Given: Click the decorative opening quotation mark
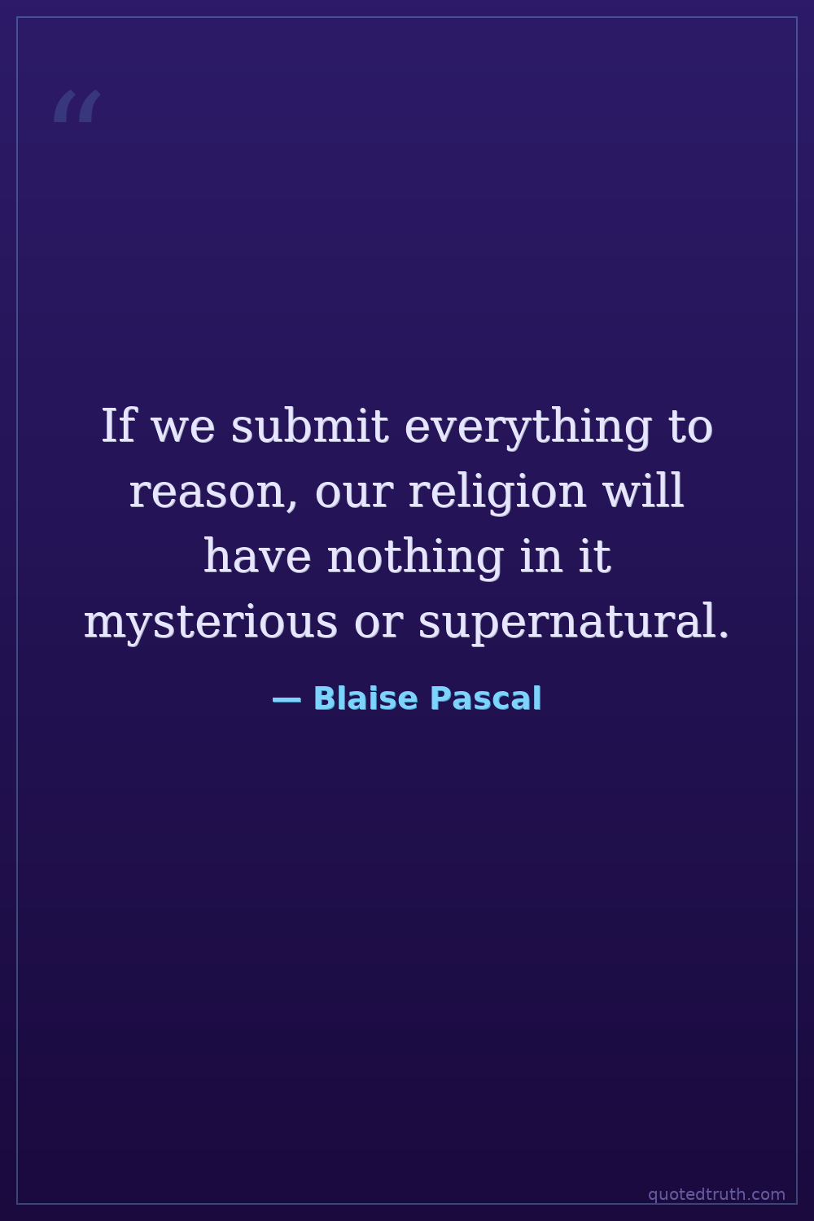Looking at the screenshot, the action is point(77,106).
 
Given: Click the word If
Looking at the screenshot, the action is point(118,426).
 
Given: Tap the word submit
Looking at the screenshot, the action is point(309,425).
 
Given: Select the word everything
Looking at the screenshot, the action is point(527,429).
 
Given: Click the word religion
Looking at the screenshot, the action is point(497,493).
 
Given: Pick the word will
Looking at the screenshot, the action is point(643,490).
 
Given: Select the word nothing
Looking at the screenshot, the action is point(415,558).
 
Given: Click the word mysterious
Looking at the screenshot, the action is point(211,624).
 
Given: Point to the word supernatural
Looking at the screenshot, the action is point(567,624).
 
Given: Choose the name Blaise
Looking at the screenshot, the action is point(365,698).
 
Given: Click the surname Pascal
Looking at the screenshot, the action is point(486,698).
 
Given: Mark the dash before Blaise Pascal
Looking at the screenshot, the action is point(287,700).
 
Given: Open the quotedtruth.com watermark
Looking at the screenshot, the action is point(716,1195).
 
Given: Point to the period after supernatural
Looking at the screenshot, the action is point(723,634).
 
